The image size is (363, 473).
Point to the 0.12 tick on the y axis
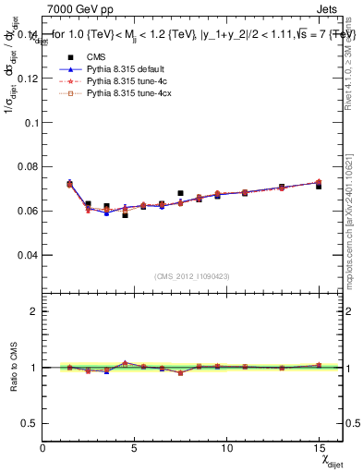(x=29, y=78)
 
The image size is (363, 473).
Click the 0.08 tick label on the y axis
(x=29, y=166)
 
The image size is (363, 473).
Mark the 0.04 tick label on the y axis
(x=29, y=254)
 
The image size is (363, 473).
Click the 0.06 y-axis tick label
(x=29, y=211)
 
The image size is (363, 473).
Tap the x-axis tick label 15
(x=318, y=448)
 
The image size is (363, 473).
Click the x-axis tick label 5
(x=135, y=448)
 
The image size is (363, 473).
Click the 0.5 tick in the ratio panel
(x=30, y=423)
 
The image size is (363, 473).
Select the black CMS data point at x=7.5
(x=180, y=193)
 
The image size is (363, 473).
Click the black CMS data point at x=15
(x=319, y=186)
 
